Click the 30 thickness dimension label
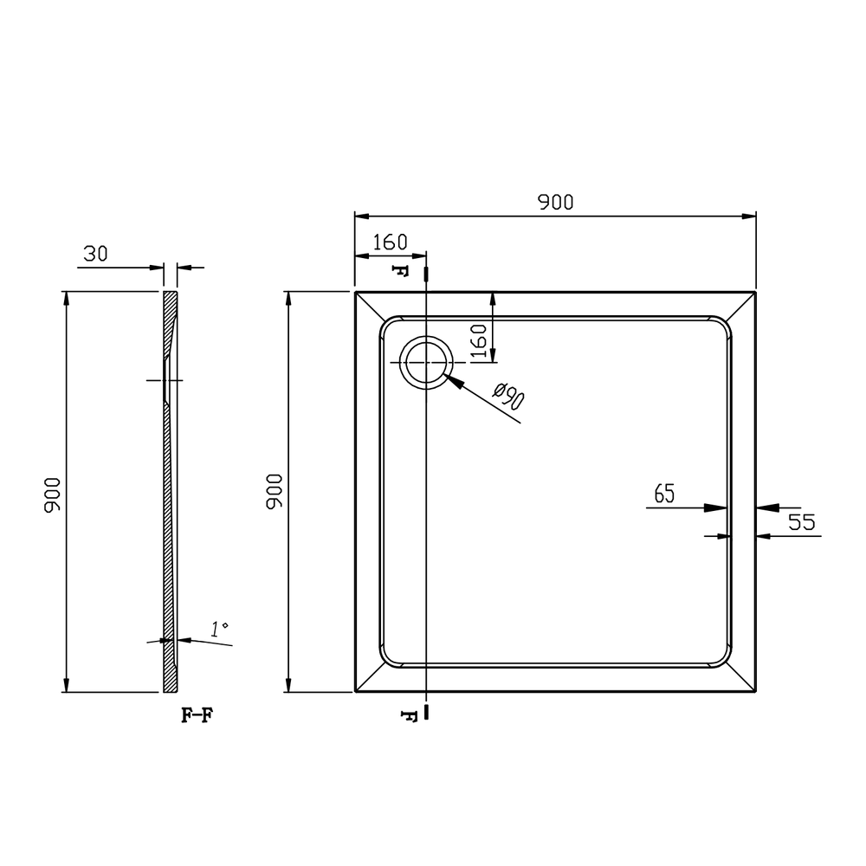click(95, 254)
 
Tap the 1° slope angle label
click(219, 629)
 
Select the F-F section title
click(197, 715)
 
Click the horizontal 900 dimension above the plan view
click(556, 202)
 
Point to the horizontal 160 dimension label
click(390, 242)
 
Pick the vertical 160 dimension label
click(478, 341)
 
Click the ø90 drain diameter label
click(508, 396)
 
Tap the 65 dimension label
click(664, 494)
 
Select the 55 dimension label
click(801, 522)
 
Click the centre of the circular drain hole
click(426, 362)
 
